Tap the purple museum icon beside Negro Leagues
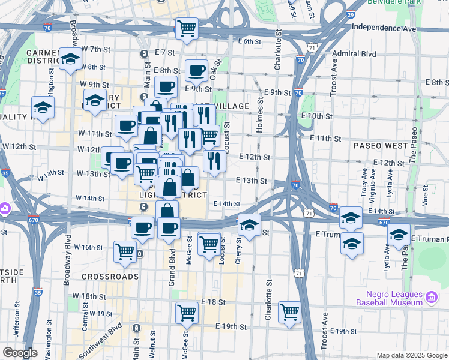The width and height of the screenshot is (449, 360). click(432, 297)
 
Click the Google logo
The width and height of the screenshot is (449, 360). click(20, 353)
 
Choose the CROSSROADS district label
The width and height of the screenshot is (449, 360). click(110, 277)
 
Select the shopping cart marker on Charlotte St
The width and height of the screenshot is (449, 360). click(289, 311)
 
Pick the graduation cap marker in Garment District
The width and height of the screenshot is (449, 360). click(71, 59)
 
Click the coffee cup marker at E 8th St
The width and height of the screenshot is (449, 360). click(196, 71)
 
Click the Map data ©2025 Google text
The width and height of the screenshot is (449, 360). click(411, 355)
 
